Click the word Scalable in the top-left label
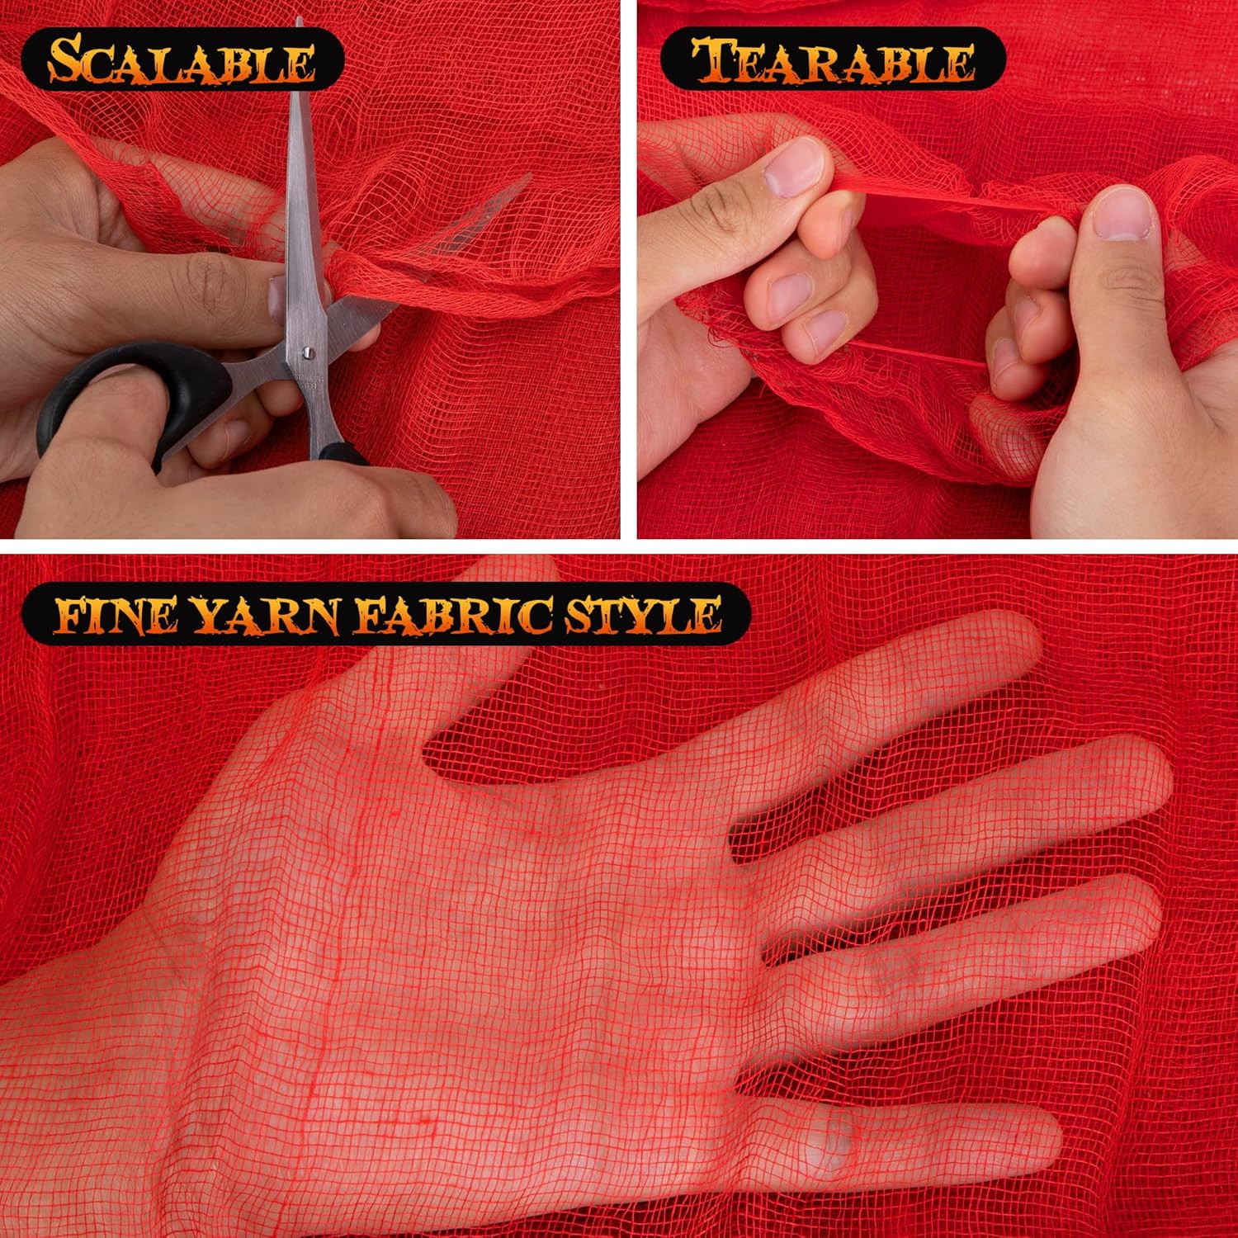pos(181,60)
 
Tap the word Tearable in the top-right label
pos(833,60)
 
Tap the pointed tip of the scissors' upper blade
pos(299,21)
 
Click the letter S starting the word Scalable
pos(66,60)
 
